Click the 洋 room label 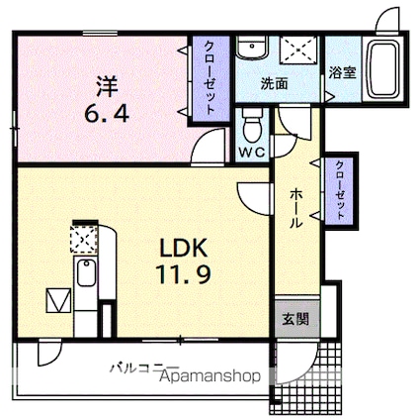pos(107,86)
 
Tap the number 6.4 pos(107,115)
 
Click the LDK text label pos(183,248)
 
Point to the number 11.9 pos(183,274)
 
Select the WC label pos(252,153)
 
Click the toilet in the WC pos(252,125)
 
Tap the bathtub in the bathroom pos(382,69)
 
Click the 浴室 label pos(343,72)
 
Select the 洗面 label pos(275,83)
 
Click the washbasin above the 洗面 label pos(252,47)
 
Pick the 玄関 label pos(295,319)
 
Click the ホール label pos(295,208)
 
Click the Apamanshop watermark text pos(210,376)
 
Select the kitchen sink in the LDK pos(86,273)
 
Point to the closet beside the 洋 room pos(210,78)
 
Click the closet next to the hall pos(340,190)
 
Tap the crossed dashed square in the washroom pos(299,50)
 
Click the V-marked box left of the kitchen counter pos(58,300)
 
